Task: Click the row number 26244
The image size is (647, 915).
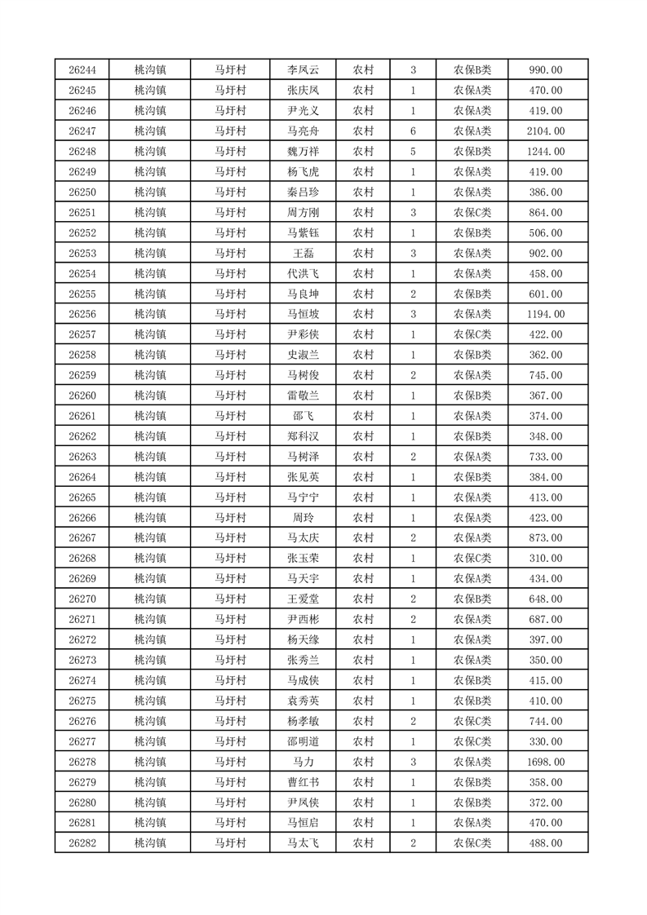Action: point(82,70)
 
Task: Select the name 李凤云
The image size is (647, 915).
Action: point(304,70)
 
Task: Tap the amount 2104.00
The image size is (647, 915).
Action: point(545,131)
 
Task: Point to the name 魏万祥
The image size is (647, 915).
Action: point(304,152)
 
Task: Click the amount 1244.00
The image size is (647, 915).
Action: point(545,152)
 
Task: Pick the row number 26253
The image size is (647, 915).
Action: point(82,253)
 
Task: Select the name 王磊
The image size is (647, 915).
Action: point(304,253)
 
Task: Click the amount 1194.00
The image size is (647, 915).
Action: point(545,314)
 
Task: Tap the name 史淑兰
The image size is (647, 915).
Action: point(304,355)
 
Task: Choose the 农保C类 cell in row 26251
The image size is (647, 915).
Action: point(472,213)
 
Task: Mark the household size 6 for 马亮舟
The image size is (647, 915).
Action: point(414,131)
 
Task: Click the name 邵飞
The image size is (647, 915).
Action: point(304,416)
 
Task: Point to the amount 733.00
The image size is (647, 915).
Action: point(545,457)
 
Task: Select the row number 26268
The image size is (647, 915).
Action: point(82,558)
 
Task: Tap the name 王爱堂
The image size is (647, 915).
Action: point(304,599)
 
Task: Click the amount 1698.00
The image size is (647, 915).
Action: point(545,762)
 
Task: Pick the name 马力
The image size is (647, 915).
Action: point(304,762)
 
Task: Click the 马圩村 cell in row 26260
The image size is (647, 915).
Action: point(230,396)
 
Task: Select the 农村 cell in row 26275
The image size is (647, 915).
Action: point(363,701)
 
